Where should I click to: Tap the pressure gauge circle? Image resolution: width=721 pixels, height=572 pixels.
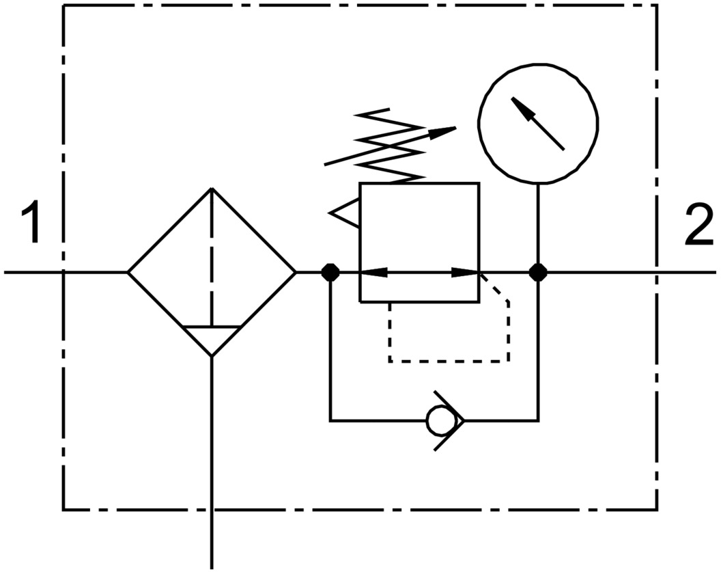pos(538,123)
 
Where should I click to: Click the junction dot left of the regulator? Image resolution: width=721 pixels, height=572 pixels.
pos(330,272)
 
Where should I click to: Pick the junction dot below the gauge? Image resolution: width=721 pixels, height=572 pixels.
pos(538,272)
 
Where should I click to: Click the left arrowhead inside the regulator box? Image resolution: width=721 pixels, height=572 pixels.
pos(372,272)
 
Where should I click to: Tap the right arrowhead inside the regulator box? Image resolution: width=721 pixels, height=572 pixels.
pos(468,272)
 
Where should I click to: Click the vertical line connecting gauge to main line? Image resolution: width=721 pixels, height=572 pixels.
pos(538,226)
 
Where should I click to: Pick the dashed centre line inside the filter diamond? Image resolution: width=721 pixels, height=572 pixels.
pos(212,260)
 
